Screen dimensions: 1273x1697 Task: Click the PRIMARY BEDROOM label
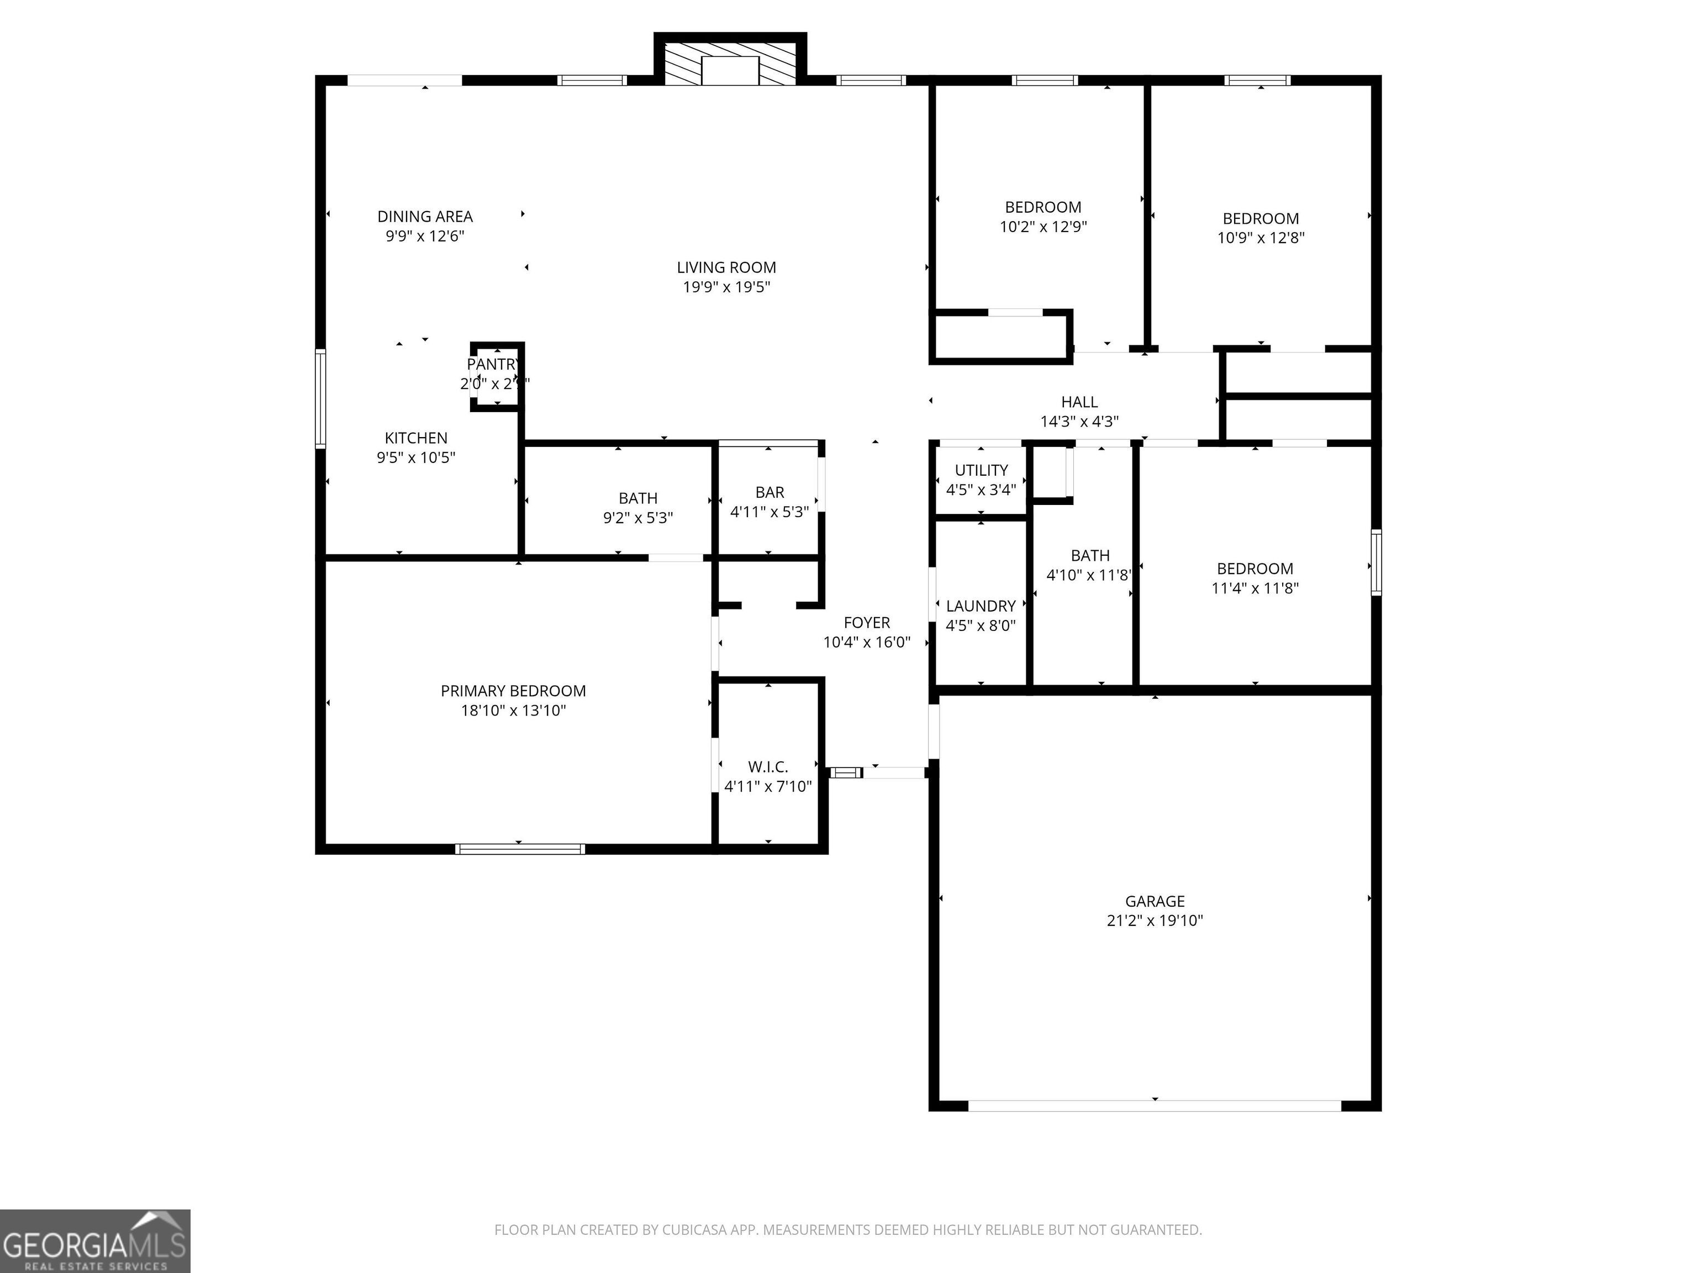pos(513,691)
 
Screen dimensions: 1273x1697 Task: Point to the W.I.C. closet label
pos(768,766)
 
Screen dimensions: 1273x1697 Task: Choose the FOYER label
pos(866,622)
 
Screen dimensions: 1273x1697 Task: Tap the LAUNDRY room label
pos(981,606)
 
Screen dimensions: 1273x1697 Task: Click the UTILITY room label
pos(981,470)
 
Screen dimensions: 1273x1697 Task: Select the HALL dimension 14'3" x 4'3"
pos(1079,421)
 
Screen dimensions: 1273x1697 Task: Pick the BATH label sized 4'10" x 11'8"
pos(1089,555)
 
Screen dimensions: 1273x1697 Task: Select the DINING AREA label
pos(424,217)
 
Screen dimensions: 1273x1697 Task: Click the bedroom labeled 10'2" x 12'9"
pos(1042,207)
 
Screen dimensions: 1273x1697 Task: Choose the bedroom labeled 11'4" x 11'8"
pos(1255,569)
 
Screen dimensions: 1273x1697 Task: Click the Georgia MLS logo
pos(94,1241)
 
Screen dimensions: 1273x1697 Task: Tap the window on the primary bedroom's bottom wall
pos(519,849)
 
